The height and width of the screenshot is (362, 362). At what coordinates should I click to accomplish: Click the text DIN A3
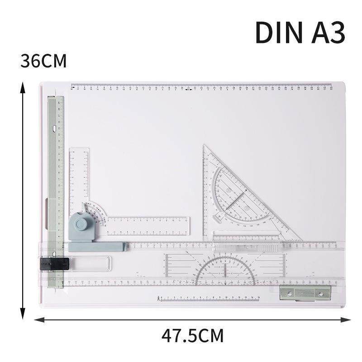[x=300, y=32]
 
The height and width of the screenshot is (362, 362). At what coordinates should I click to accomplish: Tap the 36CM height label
[x=43, y=61]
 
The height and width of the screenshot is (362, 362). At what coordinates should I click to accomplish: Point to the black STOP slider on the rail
[x=53, y=263]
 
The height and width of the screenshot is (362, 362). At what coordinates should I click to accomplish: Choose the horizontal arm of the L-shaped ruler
[x=149, y=226]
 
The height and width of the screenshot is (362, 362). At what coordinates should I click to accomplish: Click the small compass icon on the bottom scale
[x=158, y=298]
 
